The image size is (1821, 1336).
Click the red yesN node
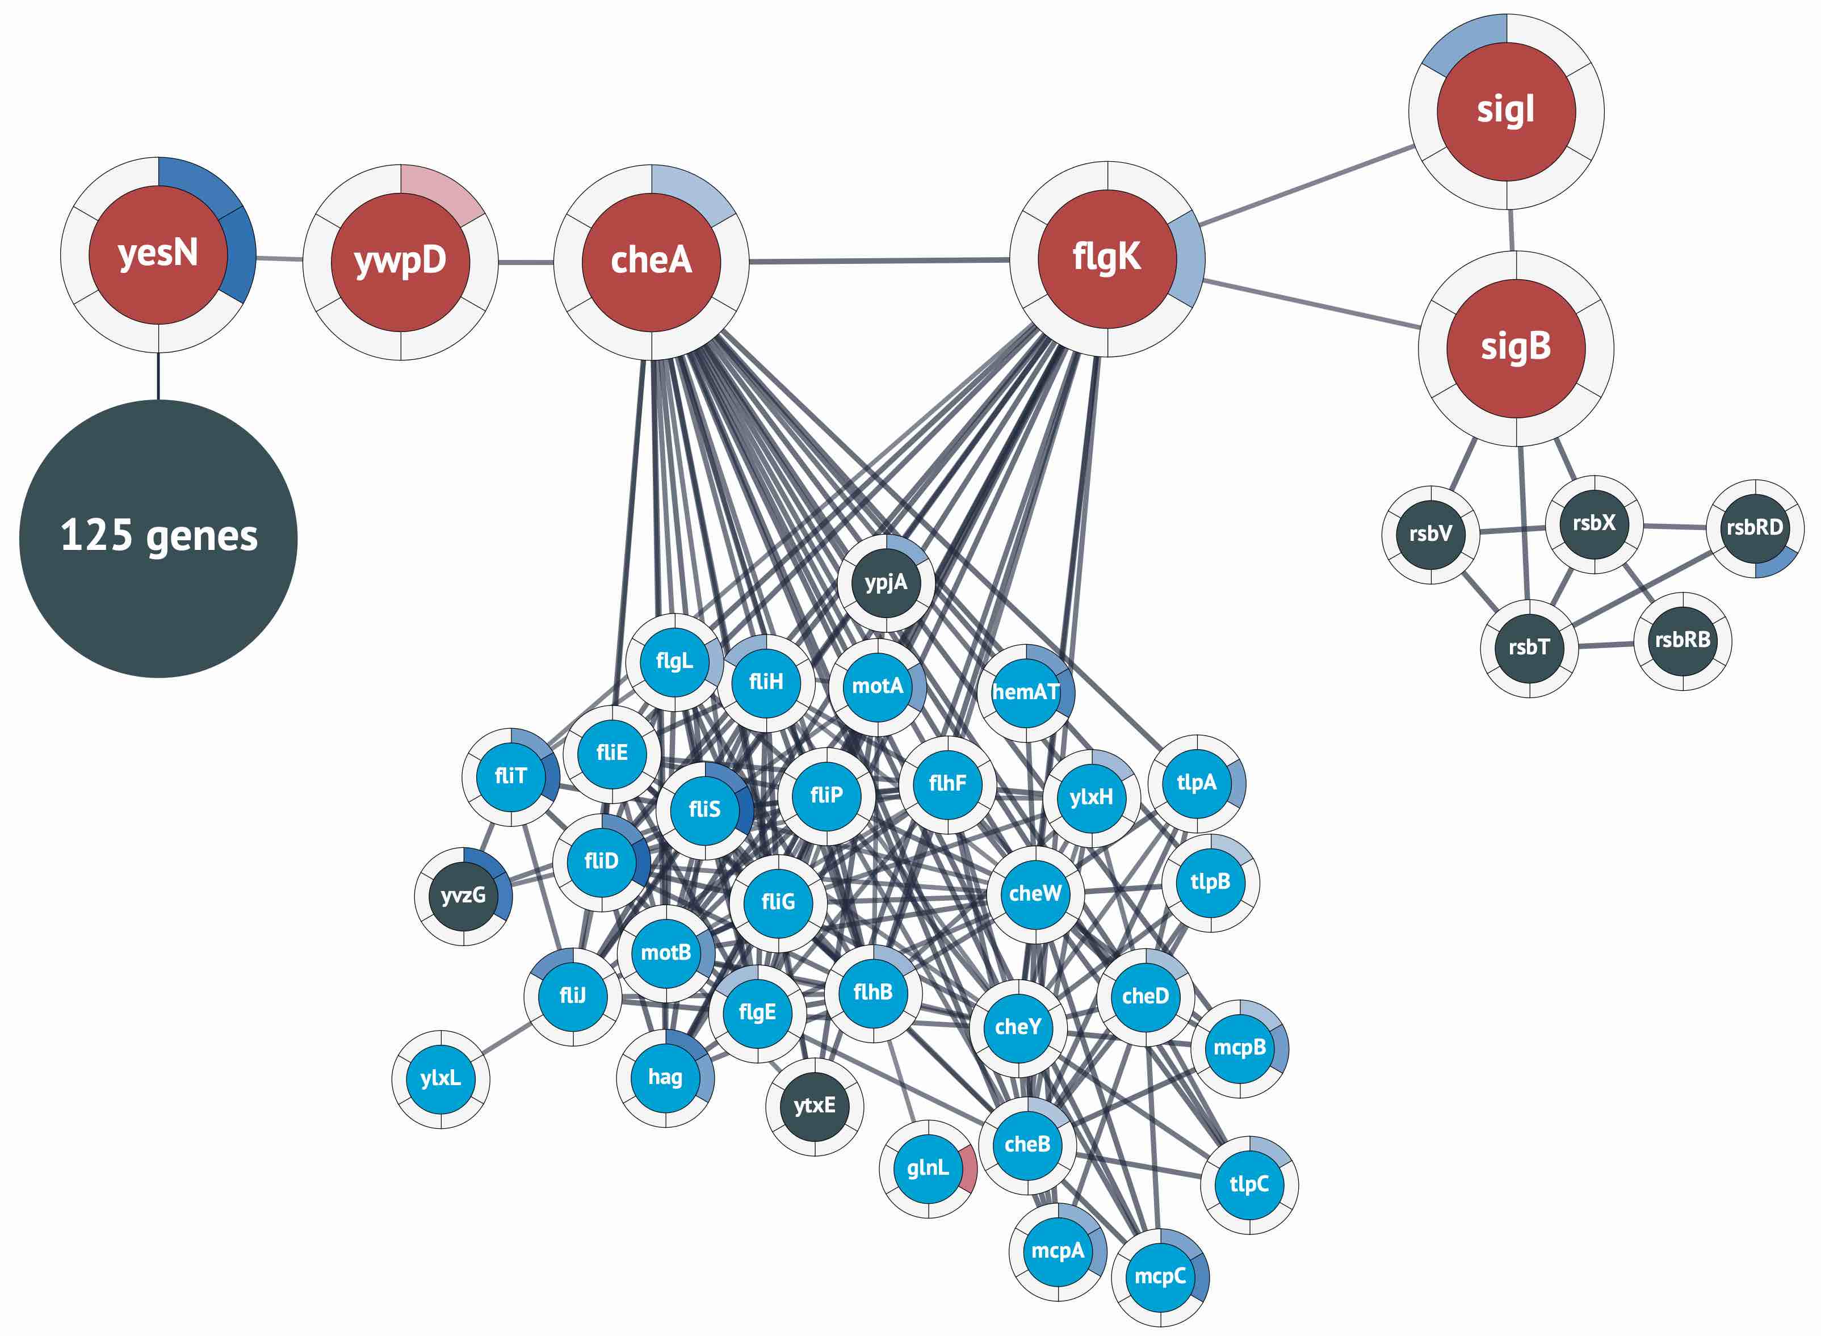(x=158, y=254)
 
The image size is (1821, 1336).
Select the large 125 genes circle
(x=158, y=538)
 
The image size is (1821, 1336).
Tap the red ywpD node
(x=400, y=261)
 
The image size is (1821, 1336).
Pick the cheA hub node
(x=651, y=261)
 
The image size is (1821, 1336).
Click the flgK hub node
(x=1107, y=258)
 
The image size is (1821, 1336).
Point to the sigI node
(x=1505, y=111)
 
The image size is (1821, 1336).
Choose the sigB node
(x=1516, y=348)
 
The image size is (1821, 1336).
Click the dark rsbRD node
(x=1755, y=528)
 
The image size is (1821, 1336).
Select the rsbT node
(x=1528, y=647)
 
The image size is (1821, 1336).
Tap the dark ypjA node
(x=886, y=583)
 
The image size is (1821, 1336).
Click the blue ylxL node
(x=440, y=1078)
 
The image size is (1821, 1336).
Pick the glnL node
(x=926, y=1168)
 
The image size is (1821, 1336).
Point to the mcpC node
(x=1160, y=1277)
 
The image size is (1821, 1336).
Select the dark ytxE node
(x=814, y=1106)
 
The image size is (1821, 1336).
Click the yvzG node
(x=463, y=895)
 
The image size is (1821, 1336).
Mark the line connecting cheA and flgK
(x=879, y=261)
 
